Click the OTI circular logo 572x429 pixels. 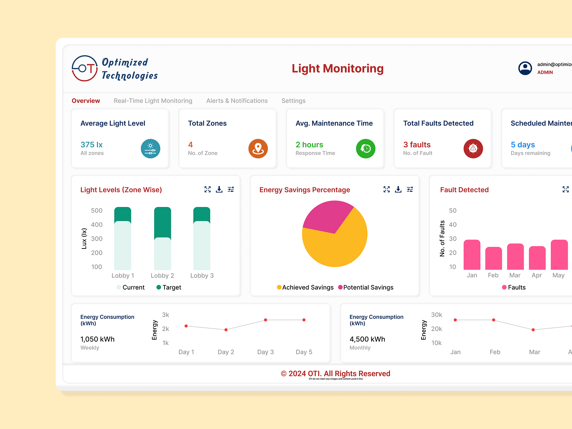click(85, 68)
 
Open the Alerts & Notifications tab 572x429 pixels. click(237, 101)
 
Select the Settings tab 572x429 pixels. click(293, 101)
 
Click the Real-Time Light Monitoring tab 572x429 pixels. click(153, 101)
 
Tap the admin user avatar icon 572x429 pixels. click(525, 68)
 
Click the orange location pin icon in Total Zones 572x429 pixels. click(258, 148)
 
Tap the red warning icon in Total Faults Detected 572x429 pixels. click(473, 148)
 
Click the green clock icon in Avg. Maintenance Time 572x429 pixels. click(365, 148)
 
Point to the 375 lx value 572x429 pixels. click(92, 145)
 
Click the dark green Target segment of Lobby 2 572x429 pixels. click(162, 222)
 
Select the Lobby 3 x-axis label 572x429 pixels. click(202, 276)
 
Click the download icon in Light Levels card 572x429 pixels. click(219, 189)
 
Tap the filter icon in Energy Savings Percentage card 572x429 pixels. click(410, 189)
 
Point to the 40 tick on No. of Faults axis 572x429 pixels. click(453, 225)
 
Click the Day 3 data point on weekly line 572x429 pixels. click(265, 320)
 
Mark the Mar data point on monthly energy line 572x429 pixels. click(533, 330)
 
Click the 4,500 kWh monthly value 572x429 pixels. click(367, 339)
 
